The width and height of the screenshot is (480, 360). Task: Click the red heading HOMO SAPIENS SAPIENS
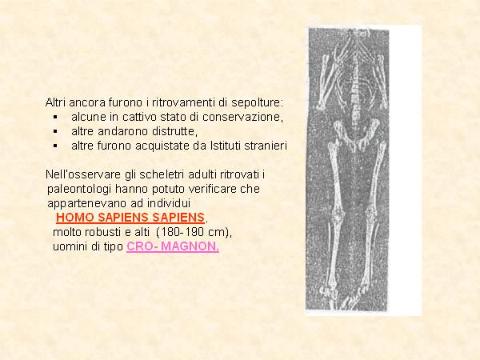(130, 218)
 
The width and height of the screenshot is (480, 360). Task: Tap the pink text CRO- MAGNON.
(173, 246)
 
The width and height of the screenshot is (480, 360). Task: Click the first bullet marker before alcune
(55, 117)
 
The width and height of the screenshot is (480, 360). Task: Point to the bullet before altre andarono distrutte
(55, 131)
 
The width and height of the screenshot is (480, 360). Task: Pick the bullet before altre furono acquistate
(55, 146)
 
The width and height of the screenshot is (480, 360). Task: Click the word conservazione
(242, 117)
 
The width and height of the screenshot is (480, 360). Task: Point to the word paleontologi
(79, 190)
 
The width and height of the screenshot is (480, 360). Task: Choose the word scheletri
(162, 174)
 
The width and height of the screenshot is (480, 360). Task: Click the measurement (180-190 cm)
(194, 232)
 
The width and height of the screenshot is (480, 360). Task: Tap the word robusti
(103, 232)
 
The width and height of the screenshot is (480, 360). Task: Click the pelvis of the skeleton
(357, 135)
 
